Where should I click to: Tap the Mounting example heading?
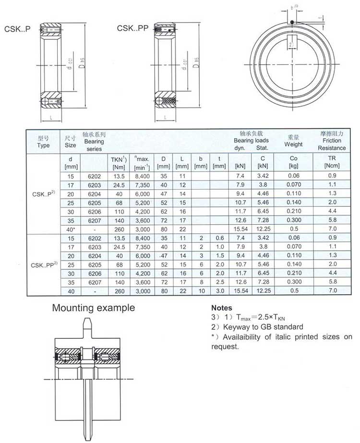(x=94, y=308)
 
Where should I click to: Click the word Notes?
(x=222, y=308)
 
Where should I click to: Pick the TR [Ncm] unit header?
(x=331, y=162)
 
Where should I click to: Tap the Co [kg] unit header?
(x=293, y=162)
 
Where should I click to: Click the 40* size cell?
(x=71, y=229)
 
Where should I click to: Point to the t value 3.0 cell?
(x=219, y=291)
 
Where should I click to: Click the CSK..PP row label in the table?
(x=44, y=264)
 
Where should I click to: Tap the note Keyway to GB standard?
(x=257, y=327)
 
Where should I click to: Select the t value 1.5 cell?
(x=219, y=256)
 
